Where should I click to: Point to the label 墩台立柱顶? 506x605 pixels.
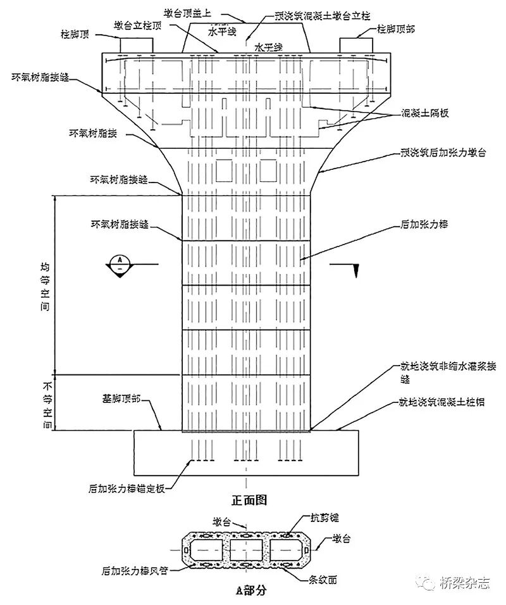point(141,25)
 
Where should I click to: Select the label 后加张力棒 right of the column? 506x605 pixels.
point(424,224)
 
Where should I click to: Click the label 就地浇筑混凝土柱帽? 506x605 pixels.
point(441,402)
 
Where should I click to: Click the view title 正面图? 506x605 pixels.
point(249,500)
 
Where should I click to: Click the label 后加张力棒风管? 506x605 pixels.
point(133,569)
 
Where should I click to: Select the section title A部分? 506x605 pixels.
point(251,591)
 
